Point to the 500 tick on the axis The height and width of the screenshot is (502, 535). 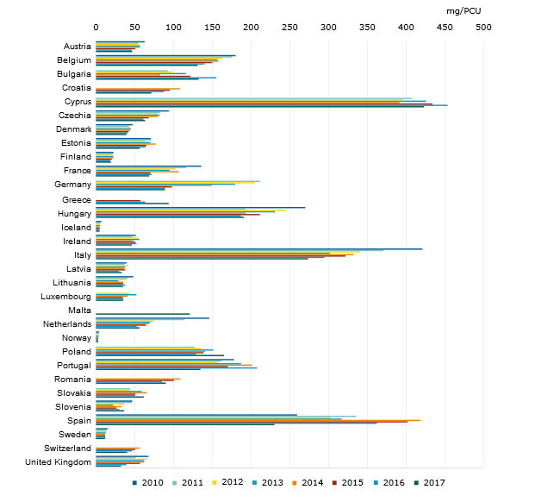point(482,27)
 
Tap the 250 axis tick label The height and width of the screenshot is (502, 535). point(289,27)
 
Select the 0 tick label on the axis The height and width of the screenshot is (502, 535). point(96,27)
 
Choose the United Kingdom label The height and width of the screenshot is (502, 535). point(61,463)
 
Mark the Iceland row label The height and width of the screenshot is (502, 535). point(77,227)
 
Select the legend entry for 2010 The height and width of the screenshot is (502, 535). point(152,482)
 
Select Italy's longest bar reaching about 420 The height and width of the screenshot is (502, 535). point(258,248)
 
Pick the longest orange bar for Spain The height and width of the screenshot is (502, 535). point(258,420)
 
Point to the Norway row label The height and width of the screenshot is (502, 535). point(77,337)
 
